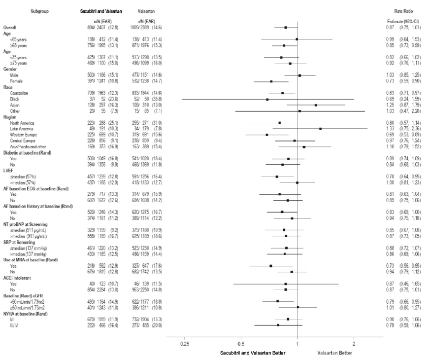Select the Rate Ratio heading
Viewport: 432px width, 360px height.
pyautogui.click(x=403, y=10)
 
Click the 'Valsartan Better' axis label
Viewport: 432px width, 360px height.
pyautogui.click(x=335, y=353)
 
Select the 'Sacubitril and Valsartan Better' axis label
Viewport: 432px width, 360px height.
pyautogui.click(x=252, y=353)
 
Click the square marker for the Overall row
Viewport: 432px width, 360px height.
pyautogui.click(x=286, y=28)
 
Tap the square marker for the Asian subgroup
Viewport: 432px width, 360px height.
pyautogui.click(x=315, y=105)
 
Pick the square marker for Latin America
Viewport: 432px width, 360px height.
pyautogui.click(x=320, y=129)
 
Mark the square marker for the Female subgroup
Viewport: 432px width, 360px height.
pyautogui.click(x=271, y=81)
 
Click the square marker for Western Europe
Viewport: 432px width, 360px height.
pyautogui.click(x=267, y=135)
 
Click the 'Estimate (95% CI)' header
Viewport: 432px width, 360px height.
pyautogui.click(x=403, y=21)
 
